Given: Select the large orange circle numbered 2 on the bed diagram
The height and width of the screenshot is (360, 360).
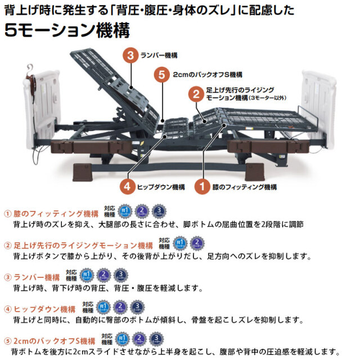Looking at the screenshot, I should [x=196, y=93].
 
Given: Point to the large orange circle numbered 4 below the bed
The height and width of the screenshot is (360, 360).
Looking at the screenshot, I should [x=128, y=186].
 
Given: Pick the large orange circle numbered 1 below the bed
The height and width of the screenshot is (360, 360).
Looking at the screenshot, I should [x=200, y=186].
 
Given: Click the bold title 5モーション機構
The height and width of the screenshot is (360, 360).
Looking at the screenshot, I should [x=67, y=29].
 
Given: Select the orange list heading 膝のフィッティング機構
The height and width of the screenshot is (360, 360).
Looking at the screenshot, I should [x=51, y=214].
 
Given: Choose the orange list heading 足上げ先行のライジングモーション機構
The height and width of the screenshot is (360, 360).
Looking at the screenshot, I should [x=78, y=245].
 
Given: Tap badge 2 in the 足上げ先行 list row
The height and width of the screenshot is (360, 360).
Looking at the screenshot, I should [x=197, y=244].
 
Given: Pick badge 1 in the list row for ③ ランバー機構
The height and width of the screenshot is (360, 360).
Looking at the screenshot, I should [x=87, y=276].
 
